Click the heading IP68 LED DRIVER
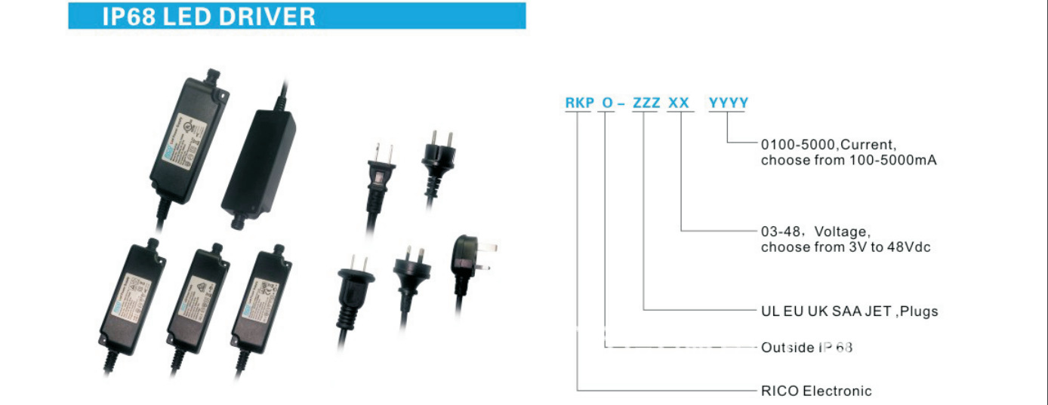208,17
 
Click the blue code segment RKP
578,103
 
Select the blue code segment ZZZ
646,103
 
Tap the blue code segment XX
678,103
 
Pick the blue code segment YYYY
728,103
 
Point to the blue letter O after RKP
606,103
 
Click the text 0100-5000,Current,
828,144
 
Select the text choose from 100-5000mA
849,160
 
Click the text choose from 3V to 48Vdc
846,247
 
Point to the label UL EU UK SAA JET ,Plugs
849,311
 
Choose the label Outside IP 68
806,348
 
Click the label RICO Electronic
815,391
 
